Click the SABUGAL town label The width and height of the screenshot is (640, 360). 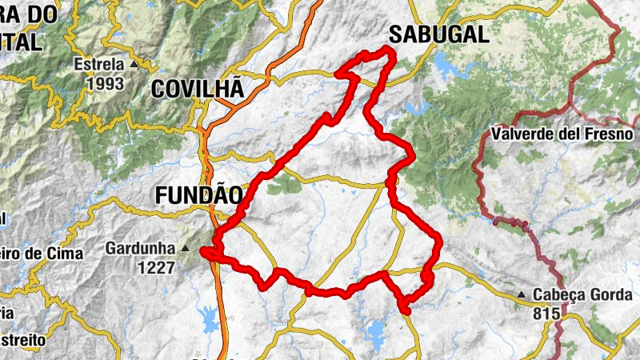(x=438, y=34)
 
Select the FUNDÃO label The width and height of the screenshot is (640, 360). (x=198, y=194)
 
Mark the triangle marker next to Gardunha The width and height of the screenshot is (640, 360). (x=186, y=249)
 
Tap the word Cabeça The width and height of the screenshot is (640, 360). (x=559, y=295)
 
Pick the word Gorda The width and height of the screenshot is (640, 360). (x=611, y=295)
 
